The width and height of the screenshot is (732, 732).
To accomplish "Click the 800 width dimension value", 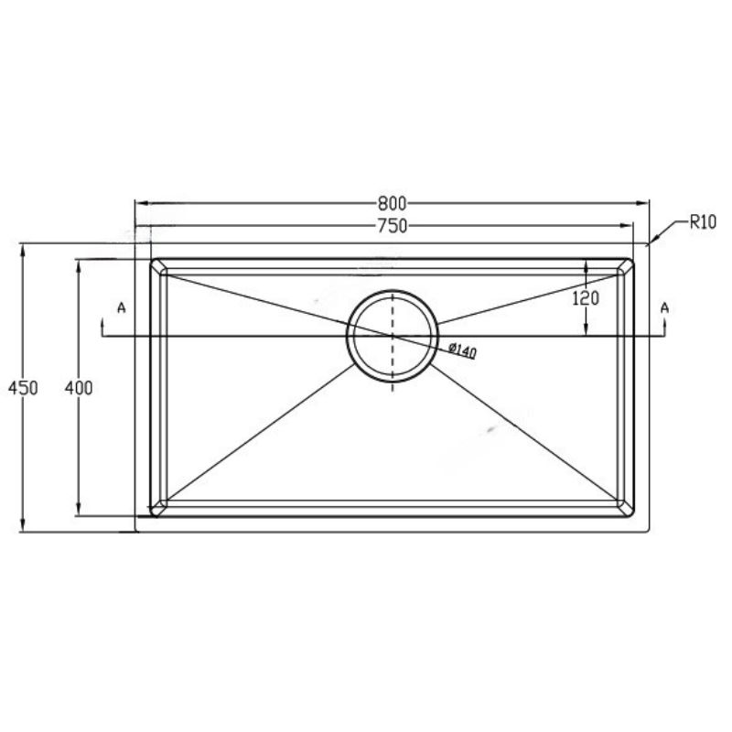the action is point(393,203).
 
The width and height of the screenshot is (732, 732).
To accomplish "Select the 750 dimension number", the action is point(393,226).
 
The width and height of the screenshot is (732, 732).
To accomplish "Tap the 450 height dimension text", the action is point(23,387).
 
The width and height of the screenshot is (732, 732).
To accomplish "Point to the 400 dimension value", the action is point(79,387).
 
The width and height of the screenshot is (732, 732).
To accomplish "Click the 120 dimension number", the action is point(586,298).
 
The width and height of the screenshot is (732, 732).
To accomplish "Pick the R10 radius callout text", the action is point(703,222).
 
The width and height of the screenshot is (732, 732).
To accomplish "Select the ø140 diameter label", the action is point(462,350).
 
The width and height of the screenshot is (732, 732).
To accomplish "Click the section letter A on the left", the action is point(122,307).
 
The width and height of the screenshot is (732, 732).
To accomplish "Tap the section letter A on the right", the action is point(665,307).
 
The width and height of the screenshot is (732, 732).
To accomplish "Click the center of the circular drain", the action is point(393,336).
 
